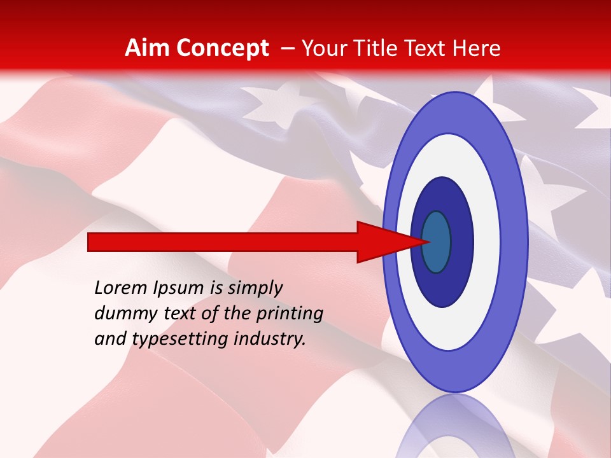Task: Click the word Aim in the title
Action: click(148, 48)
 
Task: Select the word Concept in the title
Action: click(222, 48)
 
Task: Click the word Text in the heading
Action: click(428, 48)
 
